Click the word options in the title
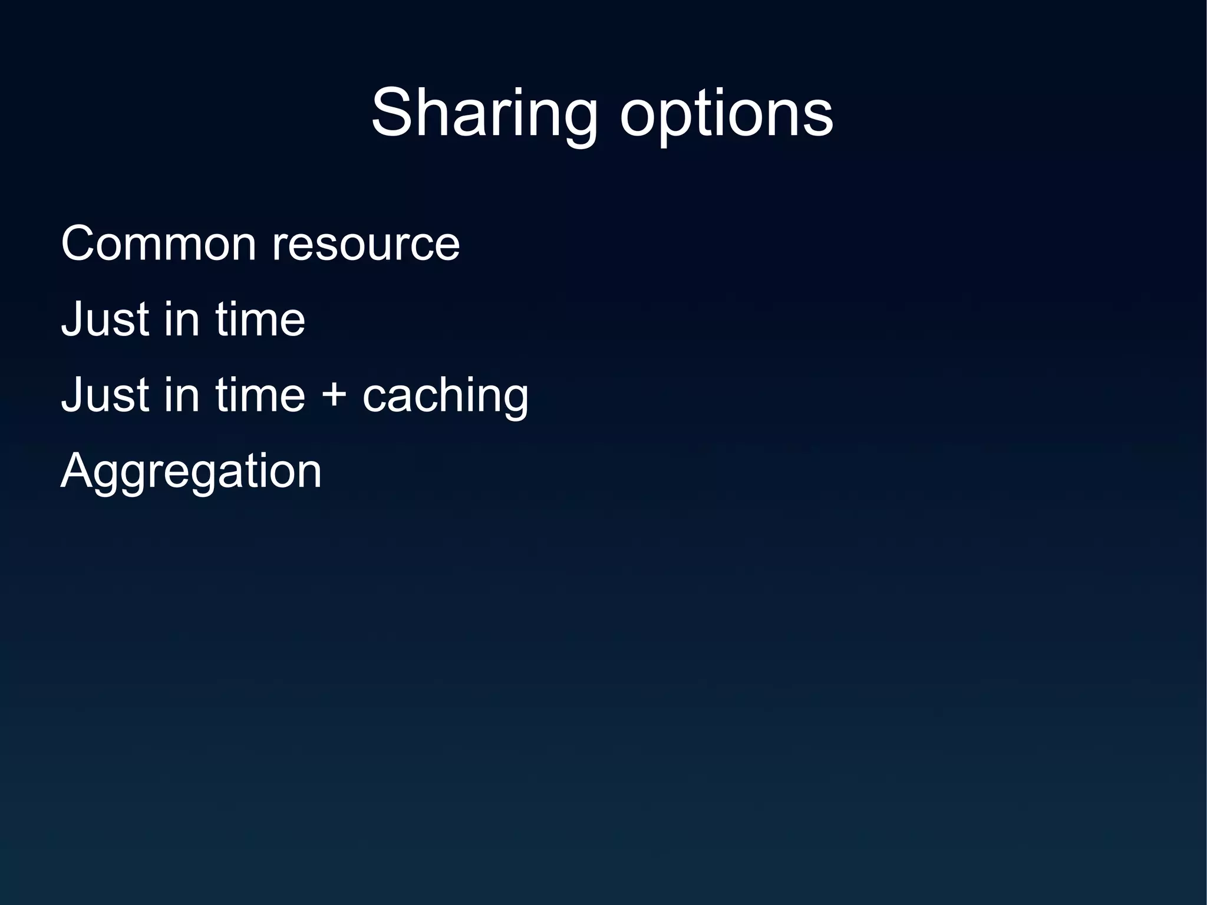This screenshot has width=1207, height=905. click(726, 114)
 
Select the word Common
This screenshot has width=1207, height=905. click(158, 243)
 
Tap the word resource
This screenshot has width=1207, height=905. click(365, 243)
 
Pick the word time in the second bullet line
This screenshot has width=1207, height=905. click(260, 319)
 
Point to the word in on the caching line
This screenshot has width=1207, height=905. click(182, 394)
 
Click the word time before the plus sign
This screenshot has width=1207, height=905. click(260, 394)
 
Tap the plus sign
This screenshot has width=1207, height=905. click(334, 394)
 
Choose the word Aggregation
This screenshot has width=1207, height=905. click(191, 472)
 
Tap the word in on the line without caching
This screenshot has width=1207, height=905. click(182, 319)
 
